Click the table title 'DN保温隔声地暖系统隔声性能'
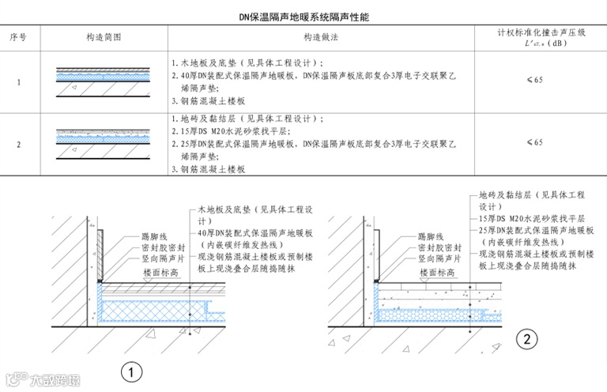point(303,16)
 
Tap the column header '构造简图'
point(104,37)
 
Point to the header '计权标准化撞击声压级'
point(541,32)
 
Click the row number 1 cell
point(18,81)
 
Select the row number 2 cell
point(18,143)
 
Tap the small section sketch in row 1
point(103,81)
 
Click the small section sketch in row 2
point(103,141)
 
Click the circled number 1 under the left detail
point(131,370)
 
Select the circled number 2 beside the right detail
point(527,340)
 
